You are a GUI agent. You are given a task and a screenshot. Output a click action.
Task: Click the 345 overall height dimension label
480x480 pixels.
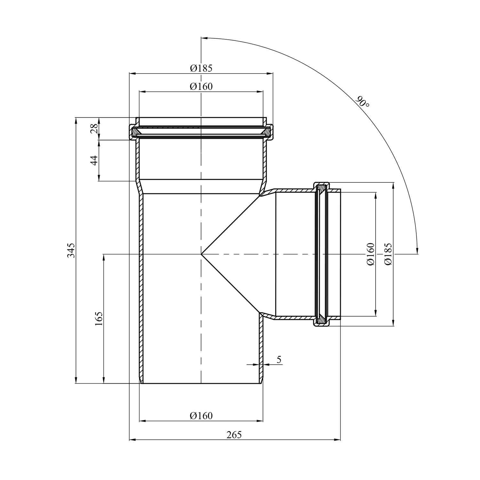click(x=71, y=250)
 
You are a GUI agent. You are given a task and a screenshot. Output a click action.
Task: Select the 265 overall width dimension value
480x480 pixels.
click(x=234, y=435)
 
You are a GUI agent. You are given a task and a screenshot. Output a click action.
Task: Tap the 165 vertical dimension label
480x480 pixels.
click(x=99, y=318)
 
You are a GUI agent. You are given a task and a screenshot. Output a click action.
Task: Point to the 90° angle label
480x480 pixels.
click(x=363, y=102)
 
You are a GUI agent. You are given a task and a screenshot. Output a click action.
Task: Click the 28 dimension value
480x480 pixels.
click(x=94, y=129)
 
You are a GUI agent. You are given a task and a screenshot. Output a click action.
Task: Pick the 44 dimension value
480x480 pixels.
click(x=94, y=160)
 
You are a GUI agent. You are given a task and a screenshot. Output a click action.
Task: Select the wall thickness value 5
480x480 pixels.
click(x=279, y=359)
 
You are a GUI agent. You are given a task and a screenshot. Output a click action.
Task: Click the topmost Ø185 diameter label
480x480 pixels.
click(x=201, y=68)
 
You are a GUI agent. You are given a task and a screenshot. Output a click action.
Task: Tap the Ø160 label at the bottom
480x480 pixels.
click(x=201, y=415)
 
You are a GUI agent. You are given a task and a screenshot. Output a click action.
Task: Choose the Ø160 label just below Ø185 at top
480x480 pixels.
click(x=201, y=86)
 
